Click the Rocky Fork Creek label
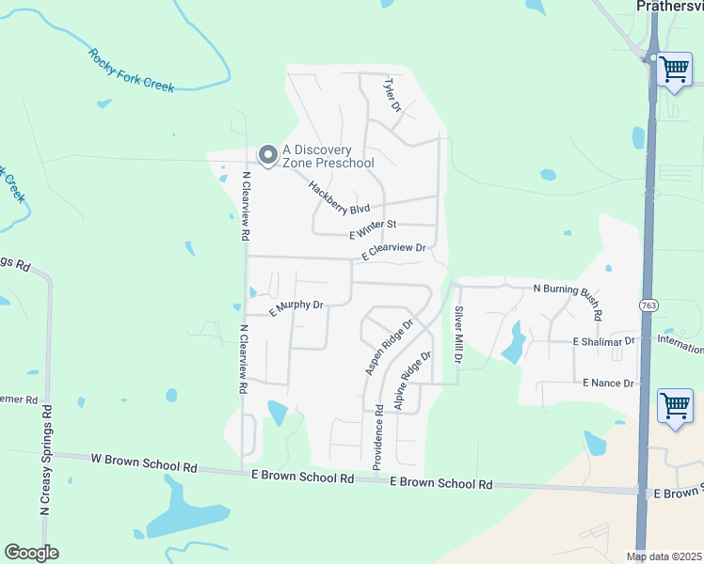click(x=132, y=70)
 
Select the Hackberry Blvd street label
click(x=339, y=197)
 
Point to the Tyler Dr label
click(x=392, y=96)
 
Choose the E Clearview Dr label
click(x=395, y=251)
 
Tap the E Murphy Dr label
click(x=296, y=305)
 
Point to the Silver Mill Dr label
click(x=459, y=335)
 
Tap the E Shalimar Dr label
click(x=604, y=341)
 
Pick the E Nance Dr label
click(x=609, y=383)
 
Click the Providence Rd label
click(x=377, y=437)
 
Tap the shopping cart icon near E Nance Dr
click(x=675, y=406)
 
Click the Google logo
click(x=31, y=553)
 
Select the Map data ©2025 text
click(x=664, y=556)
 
